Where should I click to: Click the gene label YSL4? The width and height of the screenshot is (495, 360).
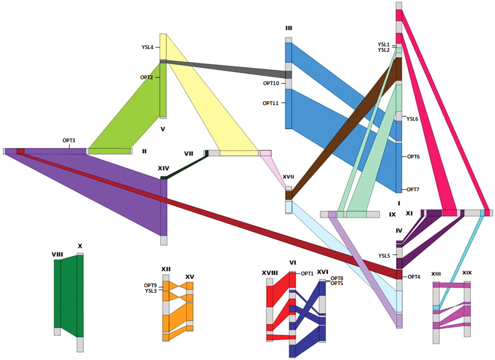click(x=147, y=47)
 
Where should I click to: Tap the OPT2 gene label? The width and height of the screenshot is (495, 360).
click(x=147, y=77)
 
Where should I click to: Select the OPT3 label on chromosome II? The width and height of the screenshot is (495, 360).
click(x=69, y=141)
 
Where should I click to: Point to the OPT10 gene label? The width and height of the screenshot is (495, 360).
click(x=271, y=84)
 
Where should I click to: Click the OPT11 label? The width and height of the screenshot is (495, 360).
click(x=271, y=103)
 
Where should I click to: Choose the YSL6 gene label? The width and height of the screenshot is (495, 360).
click(x=412, y=119)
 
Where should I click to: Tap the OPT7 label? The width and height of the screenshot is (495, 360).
click(x=413, y=190)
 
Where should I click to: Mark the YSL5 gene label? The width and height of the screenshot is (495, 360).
click(x=384, y=256)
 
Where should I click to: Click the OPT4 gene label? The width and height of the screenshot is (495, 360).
click(x=414, y=277)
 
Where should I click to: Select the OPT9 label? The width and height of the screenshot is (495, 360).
click(x=150, y=286)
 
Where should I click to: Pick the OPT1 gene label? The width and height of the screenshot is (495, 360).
click(x=307, y=274)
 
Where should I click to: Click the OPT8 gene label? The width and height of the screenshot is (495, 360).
click(x=337, y=279)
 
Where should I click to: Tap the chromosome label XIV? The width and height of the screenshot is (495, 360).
click(x=163, y=169)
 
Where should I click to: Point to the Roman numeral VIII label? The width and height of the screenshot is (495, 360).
click(x=58, y=254)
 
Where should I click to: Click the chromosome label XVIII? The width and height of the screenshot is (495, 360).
click(x=270, y=273)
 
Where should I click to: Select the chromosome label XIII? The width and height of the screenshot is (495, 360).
click(x=436, y=274)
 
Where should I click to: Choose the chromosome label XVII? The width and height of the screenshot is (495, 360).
click(x=288, y=177)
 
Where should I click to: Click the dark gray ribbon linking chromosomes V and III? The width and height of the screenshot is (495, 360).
click(x=226, y=67)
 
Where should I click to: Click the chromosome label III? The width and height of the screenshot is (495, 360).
click(x=288, y=29)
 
